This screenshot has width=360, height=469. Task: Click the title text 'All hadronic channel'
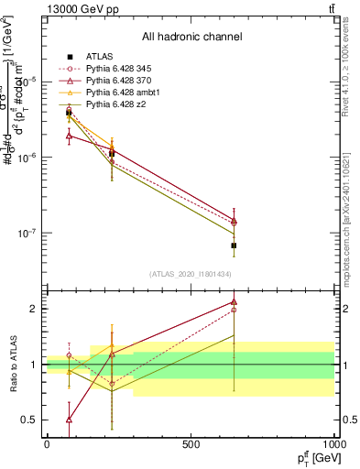coord(191,38)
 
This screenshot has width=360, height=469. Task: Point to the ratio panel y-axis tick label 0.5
coord(29,420)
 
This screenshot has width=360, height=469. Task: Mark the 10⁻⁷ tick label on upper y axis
coord(27,233)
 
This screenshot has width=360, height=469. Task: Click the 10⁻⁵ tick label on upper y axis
coord(27,82)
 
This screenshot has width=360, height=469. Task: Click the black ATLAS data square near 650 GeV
coord(234,245)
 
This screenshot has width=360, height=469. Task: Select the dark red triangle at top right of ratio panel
coord(234,301)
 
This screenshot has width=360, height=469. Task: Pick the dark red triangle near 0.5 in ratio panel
coord(70,420)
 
